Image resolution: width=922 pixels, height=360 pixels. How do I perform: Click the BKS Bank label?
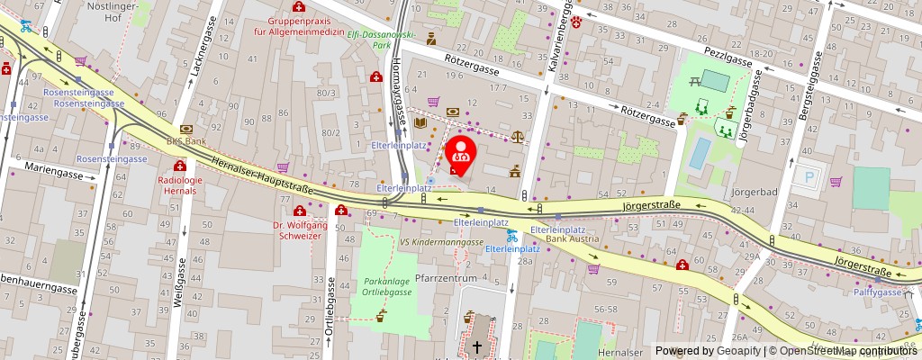tap(185, 141)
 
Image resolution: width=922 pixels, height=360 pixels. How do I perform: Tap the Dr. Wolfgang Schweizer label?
tap(296, 229)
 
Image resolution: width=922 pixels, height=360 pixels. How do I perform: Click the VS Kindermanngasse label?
tap(442, 243)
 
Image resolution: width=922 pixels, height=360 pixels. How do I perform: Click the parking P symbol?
tap(807, 177)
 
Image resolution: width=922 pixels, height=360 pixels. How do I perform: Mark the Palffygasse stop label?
tap(878, 292)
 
